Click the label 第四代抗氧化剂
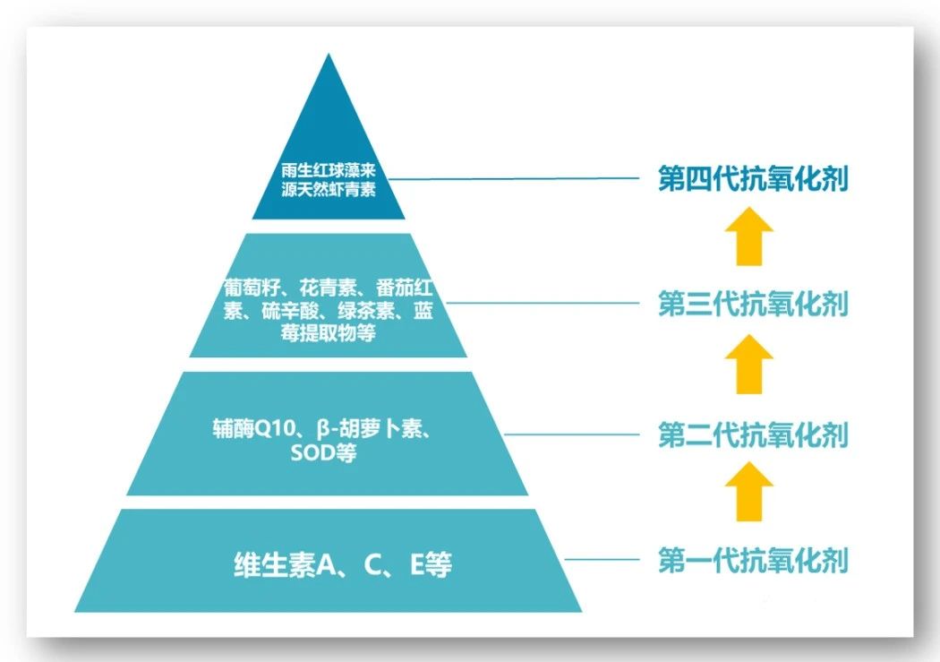pos(753,178)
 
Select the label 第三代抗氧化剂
pos(753,303)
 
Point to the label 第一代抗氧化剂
pos(753,561)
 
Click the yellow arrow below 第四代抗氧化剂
pos(748,236)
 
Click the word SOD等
pos(323,454)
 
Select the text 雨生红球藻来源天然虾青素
pos(328,180)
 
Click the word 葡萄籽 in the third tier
pos(252,288)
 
